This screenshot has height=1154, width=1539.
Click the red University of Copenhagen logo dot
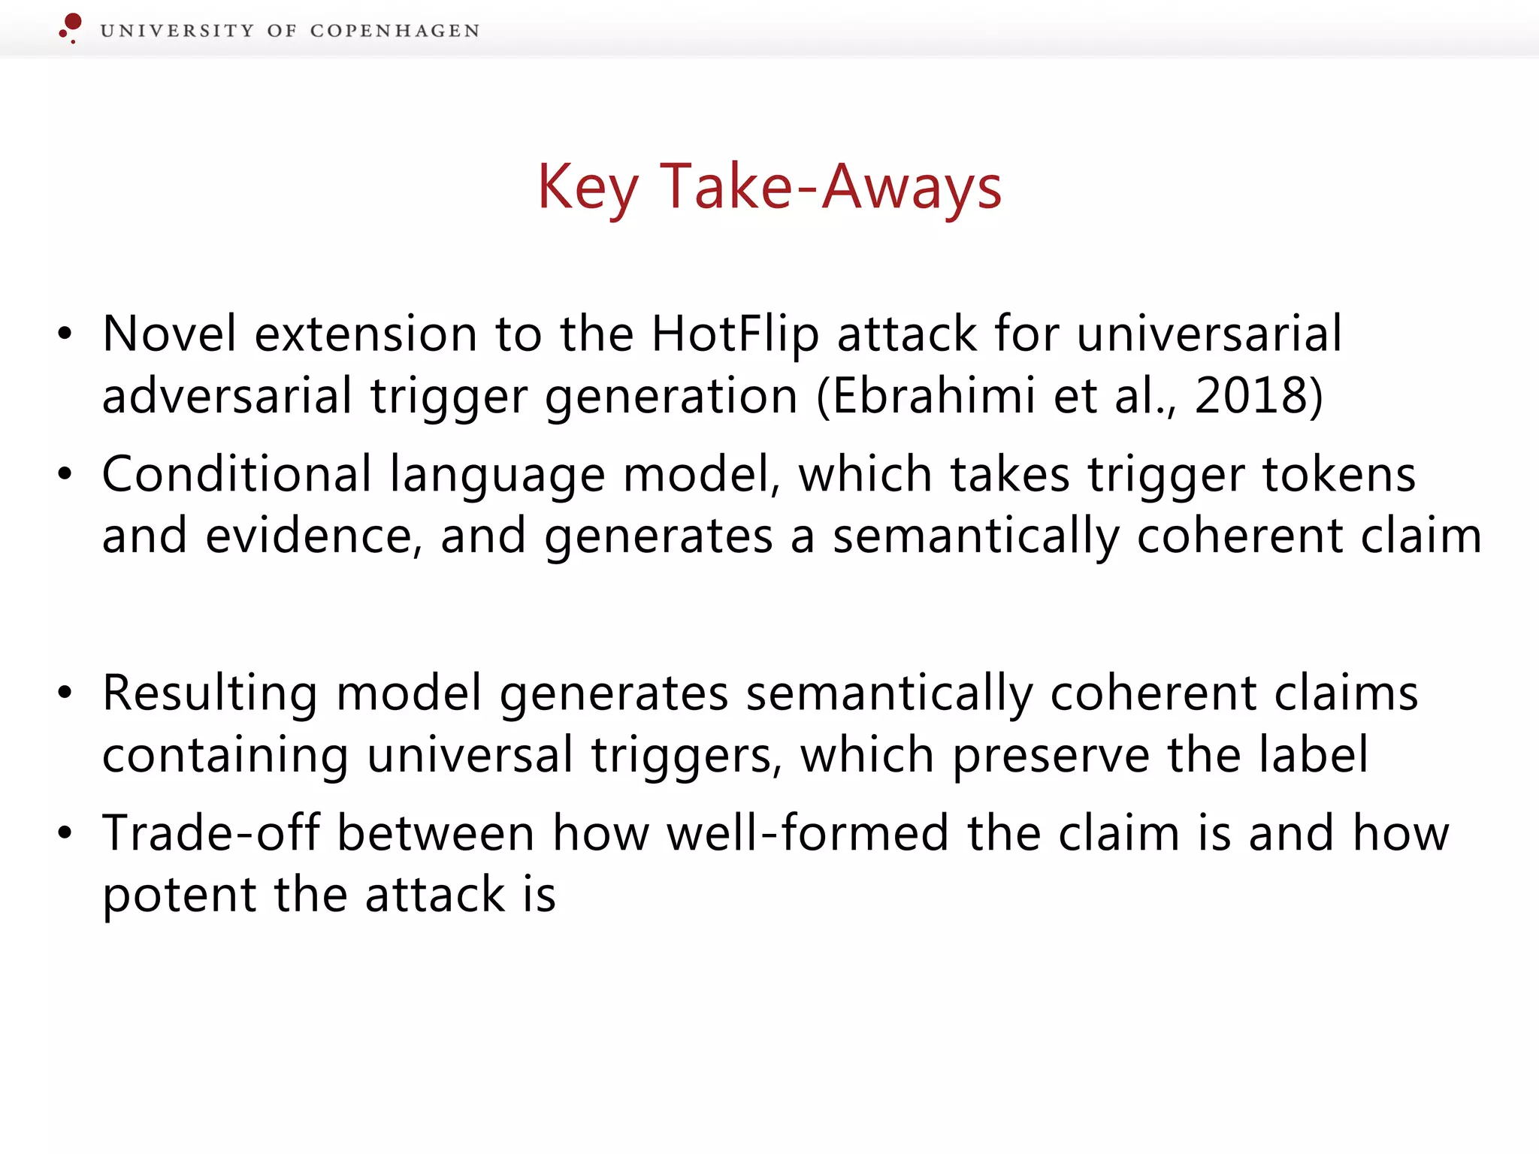72,23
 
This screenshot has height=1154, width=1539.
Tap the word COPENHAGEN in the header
395,31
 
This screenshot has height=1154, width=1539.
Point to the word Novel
170,334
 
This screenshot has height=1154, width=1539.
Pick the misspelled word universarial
1209,334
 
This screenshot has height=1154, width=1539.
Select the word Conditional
237,474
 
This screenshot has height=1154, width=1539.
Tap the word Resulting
210,694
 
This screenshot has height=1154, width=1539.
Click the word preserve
1051,756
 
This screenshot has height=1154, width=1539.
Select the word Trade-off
211,833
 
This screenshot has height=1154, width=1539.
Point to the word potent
180,896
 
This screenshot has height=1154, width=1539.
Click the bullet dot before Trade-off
65,833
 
